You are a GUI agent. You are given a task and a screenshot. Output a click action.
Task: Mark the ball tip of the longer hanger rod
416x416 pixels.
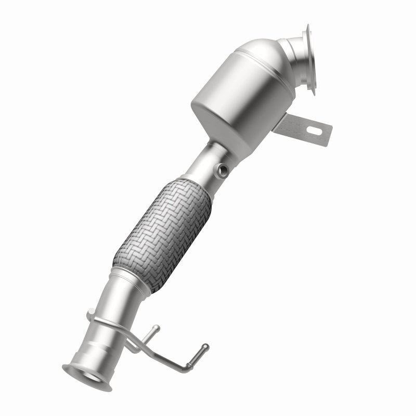click(205, 346)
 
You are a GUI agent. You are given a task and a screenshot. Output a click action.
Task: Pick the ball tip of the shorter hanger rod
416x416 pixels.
click(155, 328)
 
